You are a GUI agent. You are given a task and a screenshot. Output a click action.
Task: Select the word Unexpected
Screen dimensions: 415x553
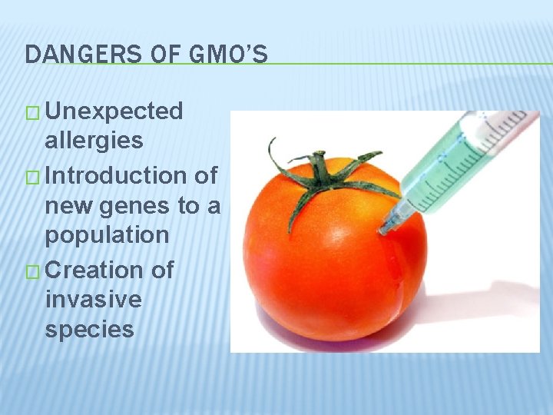click(114, 111)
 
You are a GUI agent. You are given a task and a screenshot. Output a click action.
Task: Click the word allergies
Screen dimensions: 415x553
click(94, 140)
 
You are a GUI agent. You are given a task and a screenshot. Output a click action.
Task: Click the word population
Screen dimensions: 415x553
click(107, 235)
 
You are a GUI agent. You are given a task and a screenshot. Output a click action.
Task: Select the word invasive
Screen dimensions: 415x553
click(93, 299)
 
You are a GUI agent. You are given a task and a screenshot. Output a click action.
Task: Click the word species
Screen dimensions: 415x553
click(89, 329)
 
